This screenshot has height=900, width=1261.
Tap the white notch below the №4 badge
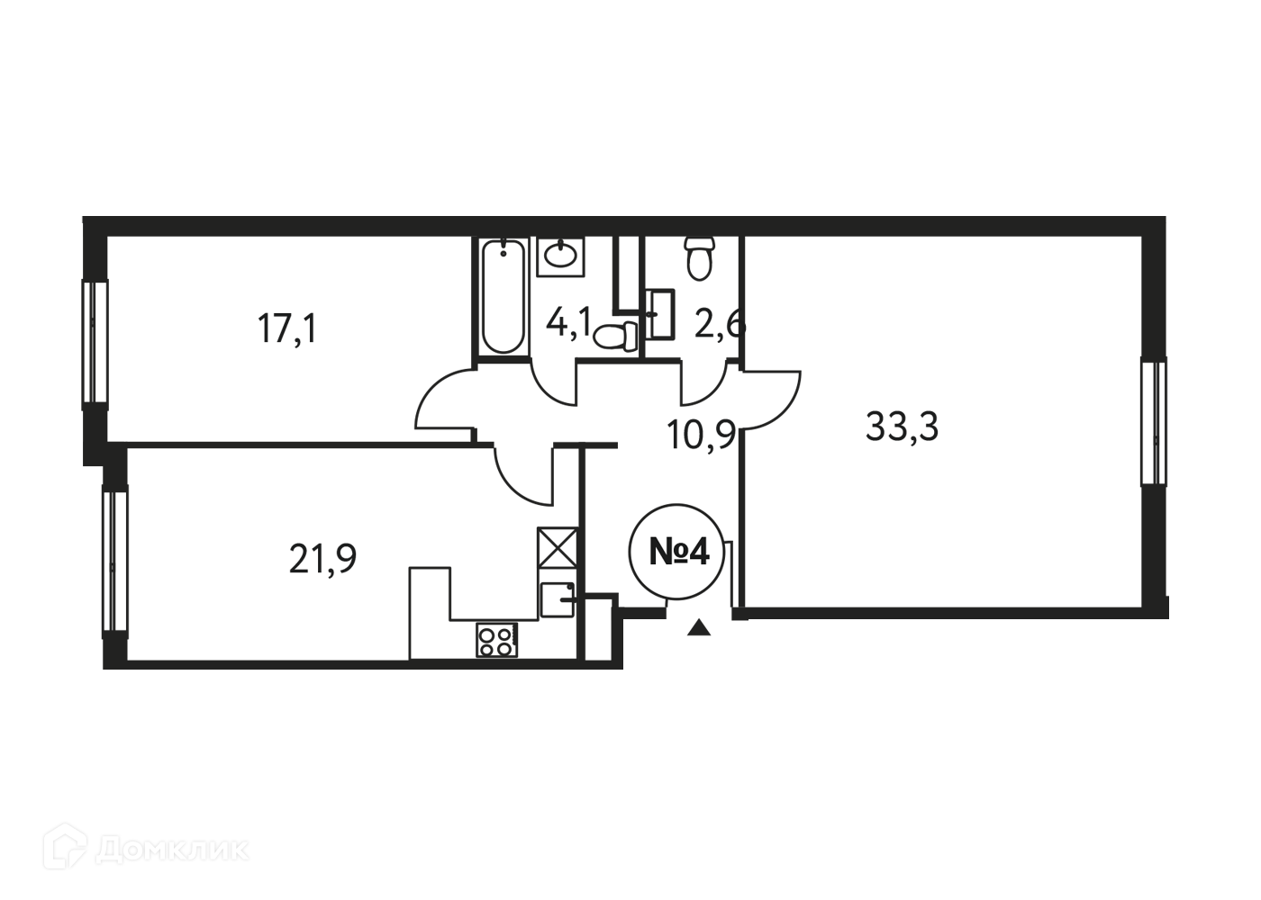tap(649, 643)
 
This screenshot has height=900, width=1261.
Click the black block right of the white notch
tap(711, 643)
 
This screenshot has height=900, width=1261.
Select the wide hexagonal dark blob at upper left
tap(288, 333)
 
